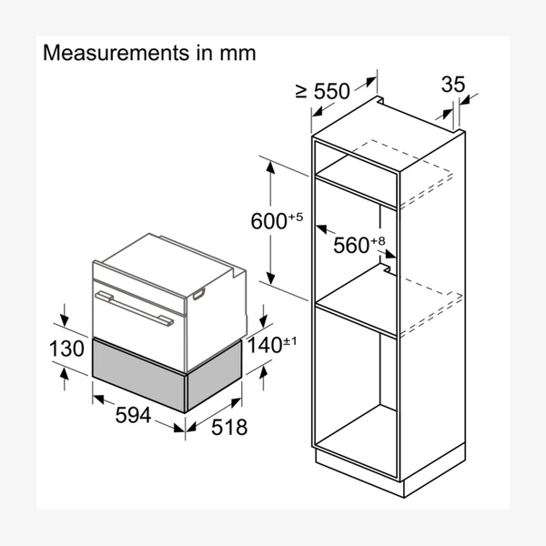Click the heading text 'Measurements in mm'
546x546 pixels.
click(149, 54)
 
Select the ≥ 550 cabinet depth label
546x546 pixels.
click(322, 91)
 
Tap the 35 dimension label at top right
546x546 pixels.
click(452, 85)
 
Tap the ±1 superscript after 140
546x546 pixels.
click(291, 339)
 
